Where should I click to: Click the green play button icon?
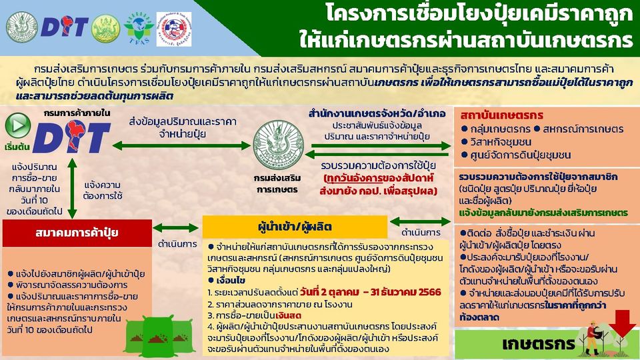coord(19,125)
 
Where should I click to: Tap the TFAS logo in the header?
coord(139,28)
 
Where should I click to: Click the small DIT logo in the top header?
coord(64,27)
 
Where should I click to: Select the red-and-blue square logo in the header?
coord(174,29)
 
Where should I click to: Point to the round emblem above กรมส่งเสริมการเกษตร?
coord(279,145)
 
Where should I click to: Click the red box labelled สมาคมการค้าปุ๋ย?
coord(77,233)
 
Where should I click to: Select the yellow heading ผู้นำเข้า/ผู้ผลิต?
coord(295,226)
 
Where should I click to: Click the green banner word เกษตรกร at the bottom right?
coord(539,344)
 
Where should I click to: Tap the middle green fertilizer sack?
coord(157,336)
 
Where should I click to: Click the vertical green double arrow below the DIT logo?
coord(72,188)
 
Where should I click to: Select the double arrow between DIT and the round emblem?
coord(181,145)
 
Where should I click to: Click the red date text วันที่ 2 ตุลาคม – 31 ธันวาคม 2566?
coord(370,292)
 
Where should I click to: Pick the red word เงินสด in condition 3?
coord(288,315)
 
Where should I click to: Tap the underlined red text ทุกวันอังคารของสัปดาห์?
coord(379,179)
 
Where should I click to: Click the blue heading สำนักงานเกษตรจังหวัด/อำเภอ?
coord(377,113)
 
